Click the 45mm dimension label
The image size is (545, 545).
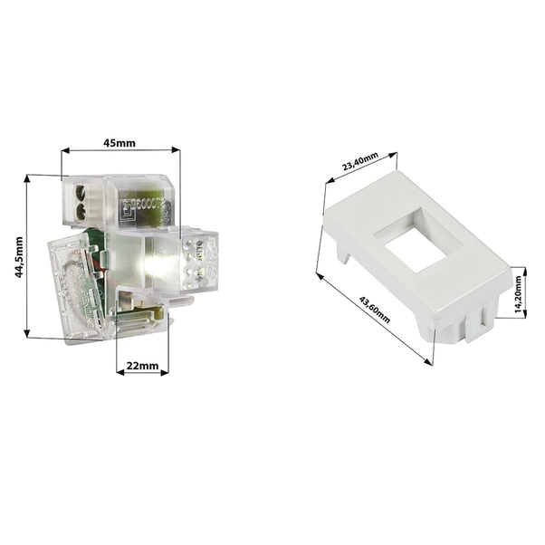[119, 142]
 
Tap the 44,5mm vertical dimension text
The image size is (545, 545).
[19, 259]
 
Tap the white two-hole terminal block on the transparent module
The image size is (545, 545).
[80, 202]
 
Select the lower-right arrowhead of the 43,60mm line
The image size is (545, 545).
[429, 359]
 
